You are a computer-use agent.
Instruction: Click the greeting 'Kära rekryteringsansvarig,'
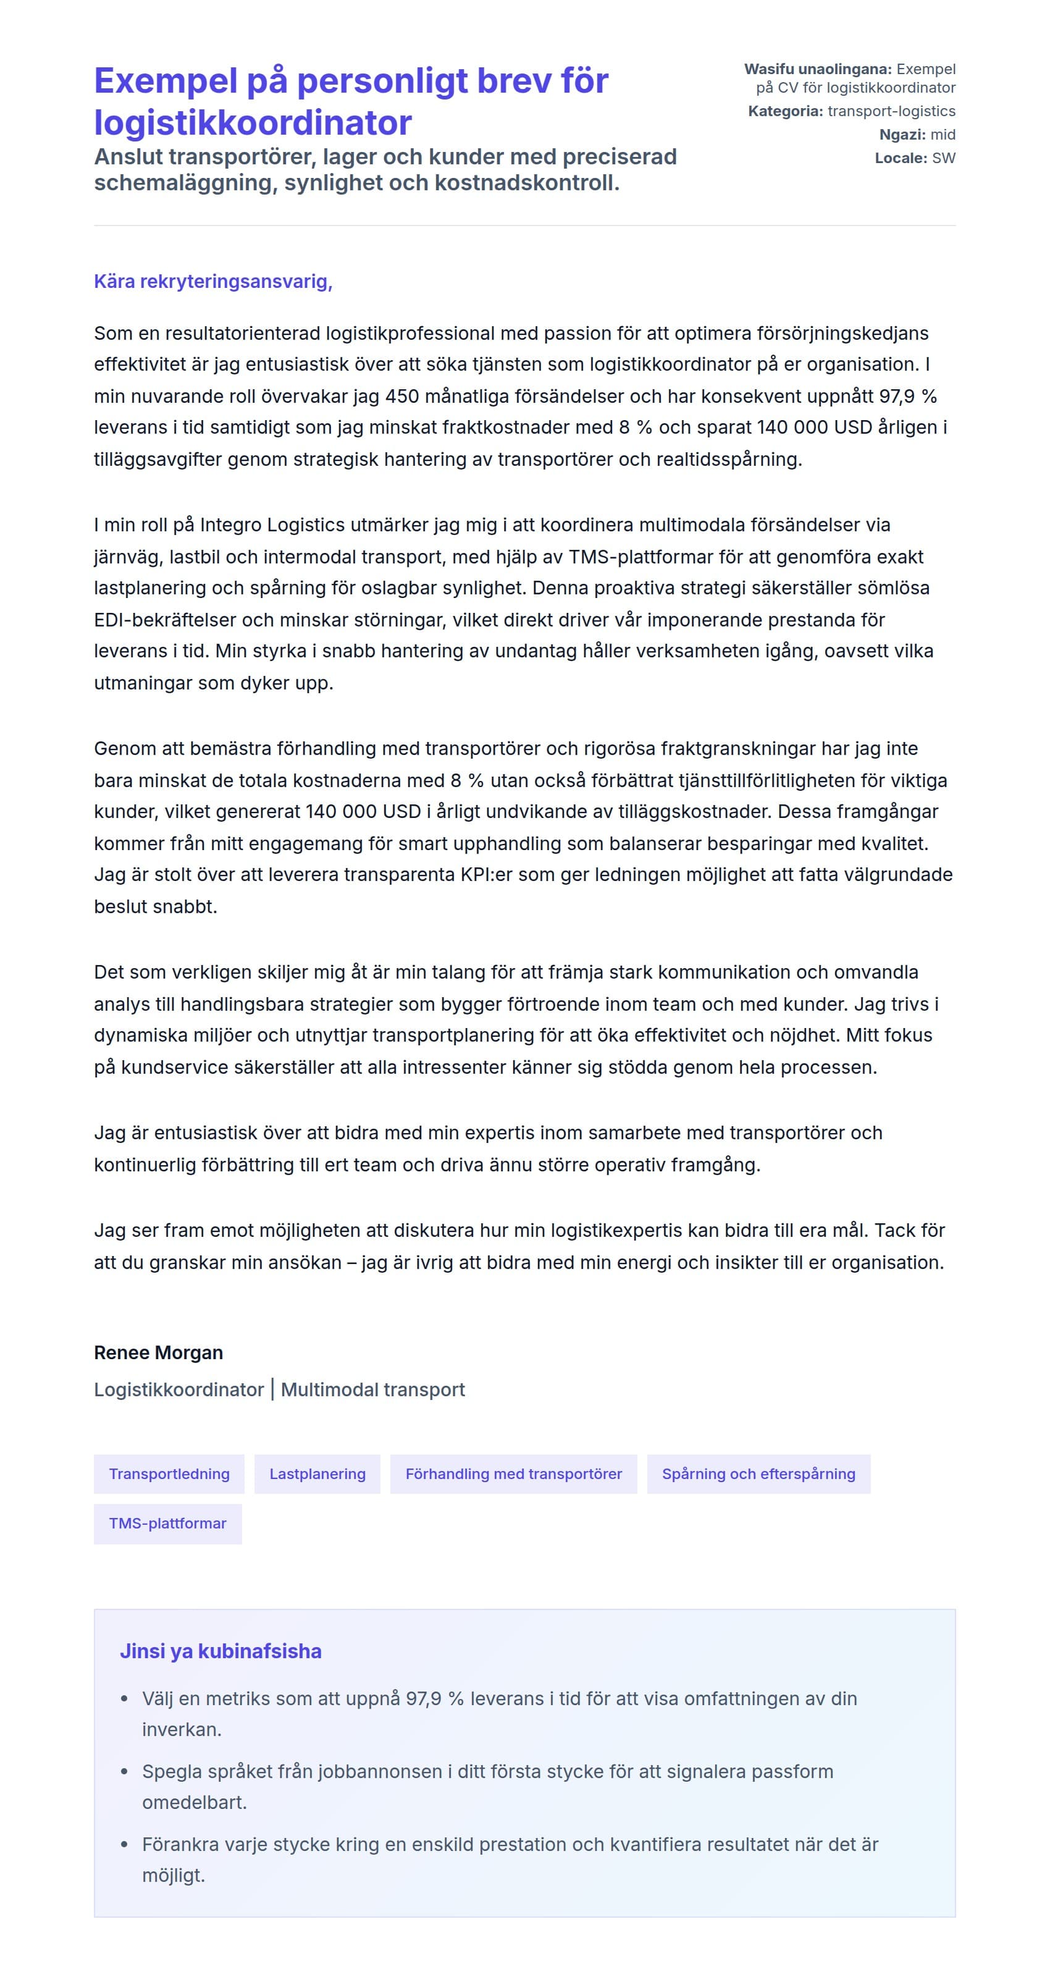coord(212,282)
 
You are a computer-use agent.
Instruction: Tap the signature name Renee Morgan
coord(158,1352)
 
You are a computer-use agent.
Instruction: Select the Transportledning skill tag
coord(169,1473)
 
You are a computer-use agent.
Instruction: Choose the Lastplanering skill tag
coord(317,1473)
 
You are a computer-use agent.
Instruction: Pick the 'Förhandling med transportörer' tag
coord(513,1473)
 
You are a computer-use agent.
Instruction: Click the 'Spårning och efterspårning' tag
coord(758,1473)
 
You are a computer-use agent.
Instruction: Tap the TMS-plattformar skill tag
coord(167,1524)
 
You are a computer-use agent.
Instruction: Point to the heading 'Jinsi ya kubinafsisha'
coord(220,1651)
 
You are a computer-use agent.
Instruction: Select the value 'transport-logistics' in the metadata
coord(891,111)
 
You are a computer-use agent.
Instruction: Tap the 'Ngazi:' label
coord(902,135)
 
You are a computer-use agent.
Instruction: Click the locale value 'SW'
coord(943,158)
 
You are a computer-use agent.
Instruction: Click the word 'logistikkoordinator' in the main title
coord(253,123)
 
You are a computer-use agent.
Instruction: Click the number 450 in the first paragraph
coord(402,396)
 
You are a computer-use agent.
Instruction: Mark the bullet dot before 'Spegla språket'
coord(124,1772)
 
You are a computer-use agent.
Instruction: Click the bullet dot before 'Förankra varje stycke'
coord(124,1844)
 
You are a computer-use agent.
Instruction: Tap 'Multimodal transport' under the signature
coord(373,1390)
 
